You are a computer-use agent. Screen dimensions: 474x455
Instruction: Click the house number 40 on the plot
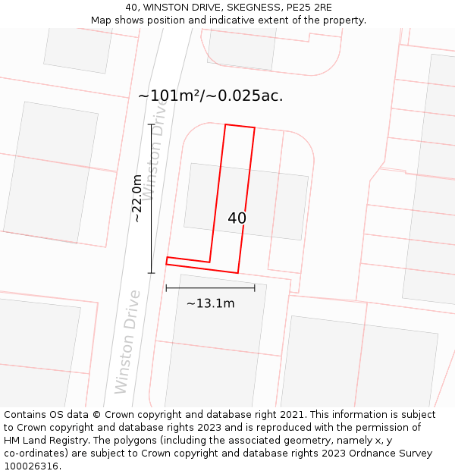tap(237, 218)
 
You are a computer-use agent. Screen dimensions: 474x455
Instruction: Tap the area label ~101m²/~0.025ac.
tap(210, 96)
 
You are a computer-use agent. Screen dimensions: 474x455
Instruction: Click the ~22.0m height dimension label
tap(137, 198)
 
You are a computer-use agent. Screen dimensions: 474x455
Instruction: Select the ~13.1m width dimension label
tap(210, 303)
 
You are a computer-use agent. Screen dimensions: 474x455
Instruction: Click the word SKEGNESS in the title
tap(231, 8)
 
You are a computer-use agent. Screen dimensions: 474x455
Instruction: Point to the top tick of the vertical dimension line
tap(151, 124)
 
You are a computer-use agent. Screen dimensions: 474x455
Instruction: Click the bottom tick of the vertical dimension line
tap(151, 272)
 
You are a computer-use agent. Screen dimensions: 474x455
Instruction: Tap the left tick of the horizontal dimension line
tap(166, 288)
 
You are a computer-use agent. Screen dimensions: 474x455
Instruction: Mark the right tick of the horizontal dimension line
tap(255, 288)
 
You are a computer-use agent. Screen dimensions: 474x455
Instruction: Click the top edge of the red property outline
tap(240, 127)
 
